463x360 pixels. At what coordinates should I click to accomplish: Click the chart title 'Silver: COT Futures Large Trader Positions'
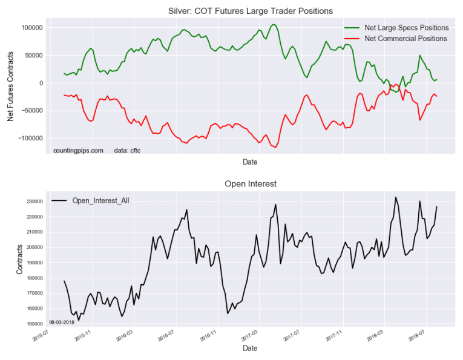coord(250,11)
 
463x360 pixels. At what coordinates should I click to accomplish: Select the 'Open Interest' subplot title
coord(250,183)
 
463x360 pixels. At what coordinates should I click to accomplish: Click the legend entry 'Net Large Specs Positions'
coord(406,28)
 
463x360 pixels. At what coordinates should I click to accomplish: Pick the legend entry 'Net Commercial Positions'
coord(406,39)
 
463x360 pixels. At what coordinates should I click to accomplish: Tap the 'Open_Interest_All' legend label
coord(100,200)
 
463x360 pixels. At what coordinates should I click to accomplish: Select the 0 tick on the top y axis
coord(40,83)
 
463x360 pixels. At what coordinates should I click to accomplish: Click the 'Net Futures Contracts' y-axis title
coord(11,84)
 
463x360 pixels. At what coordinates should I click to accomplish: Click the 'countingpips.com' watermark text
coord(78,150)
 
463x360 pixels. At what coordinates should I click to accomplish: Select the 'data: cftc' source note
coord(127,150)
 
